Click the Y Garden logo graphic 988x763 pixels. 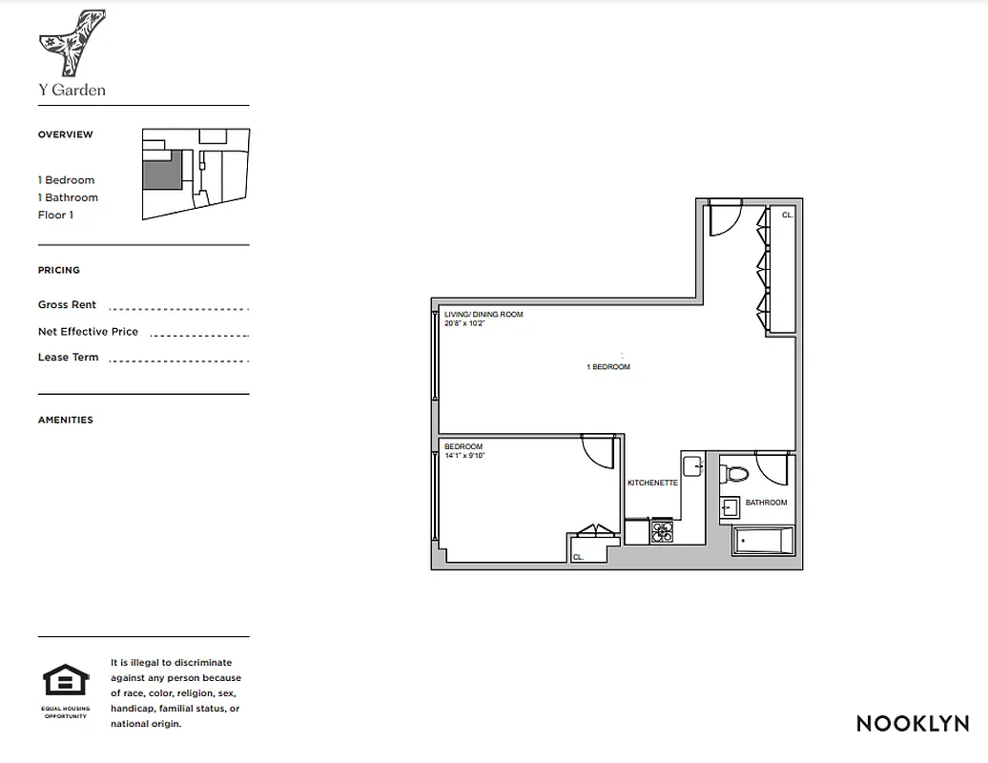pos(72,43)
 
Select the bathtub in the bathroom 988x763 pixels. pos(762,541)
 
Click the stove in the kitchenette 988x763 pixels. pos(662,530)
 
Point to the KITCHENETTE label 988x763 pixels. pos(652,484)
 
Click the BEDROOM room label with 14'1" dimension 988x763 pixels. pos(464,451)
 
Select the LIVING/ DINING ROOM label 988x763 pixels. pos(484,319)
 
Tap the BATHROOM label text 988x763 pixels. pos(766,503)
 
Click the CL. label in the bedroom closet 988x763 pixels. pos(578,557)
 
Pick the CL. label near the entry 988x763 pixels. pos(787,216)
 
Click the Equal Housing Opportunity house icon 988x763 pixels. pos(66,682)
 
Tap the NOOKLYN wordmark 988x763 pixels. pos(912,723)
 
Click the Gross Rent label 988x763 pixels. pos(67,305)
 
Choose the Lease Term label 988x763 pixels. pos(68,358)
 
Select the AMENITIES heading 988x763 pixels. pos(66,420)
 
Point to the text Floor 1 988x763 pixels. pos(55,215)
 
